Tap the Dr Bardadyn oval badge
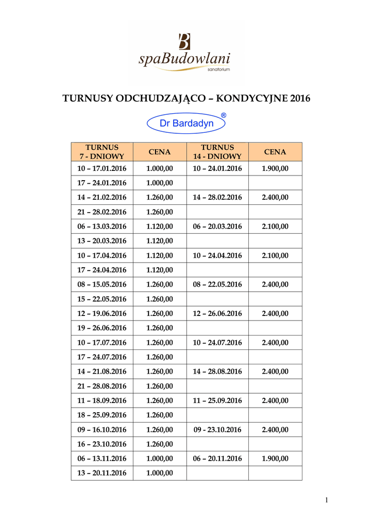coord(186,124)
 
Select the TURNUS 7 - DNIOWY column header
coord(102,152)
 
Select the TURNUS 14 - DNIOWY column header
coord(217,152)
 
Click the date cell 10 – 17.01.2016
coord(102,168)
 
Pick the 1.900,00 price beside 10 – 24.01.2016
coord(275,168)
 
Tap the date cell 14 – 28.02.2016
coord(217,197)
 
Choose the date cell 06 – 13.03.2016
coord(102,226)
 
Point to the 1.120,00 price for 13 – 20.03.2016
coord(160,241)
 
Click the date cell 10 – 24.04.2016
coord(217,255)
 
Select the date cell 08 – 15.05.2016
coord(102,284)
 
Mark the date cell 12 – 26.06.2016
coord(217,313)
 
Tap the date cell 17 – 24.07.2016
coord(102,357)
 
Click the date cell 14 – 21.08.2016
coord(102,371)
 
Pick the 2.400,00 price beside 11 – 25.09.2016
coord(275,400)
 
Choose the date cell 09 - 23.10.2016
coord(217,429)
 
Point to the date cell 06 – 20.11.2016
coord(217,459)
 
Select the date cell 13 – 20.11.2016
coord(102,473)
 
